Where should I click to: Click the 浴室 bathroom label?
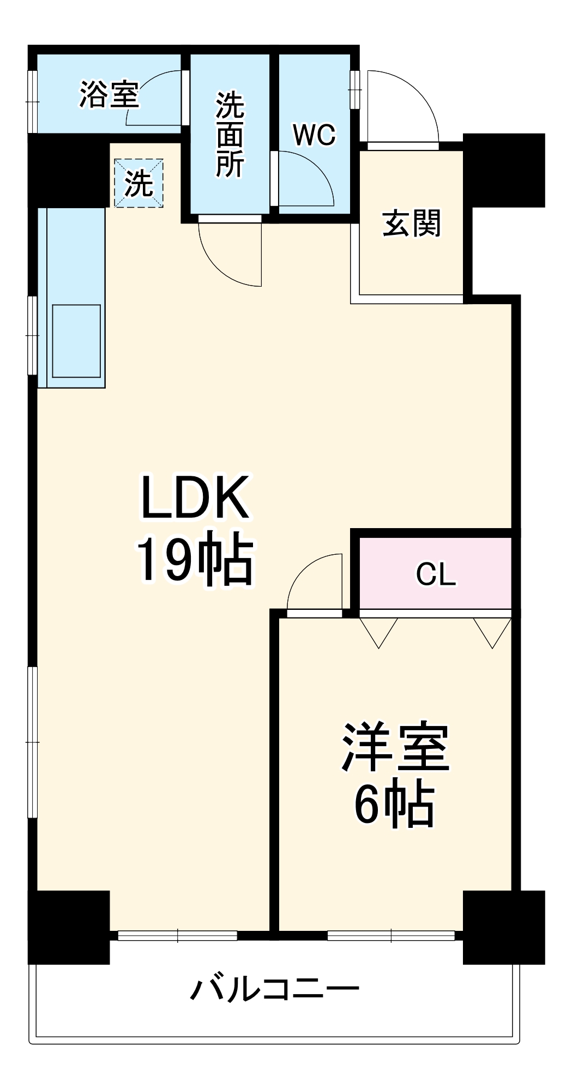109,94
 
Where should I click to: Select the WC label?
314,135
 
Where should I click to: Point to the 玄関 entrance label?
411,223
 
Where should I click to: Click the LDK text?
195,497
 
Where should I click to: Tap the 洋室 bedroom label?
395,747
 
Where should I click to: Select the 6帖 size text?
394,806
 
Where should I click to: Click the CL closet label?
435,574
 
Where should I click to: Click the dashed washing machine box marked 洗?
139,183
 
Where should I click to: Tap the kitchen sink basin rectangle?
76,341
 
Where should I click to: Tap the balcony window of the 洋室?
391,936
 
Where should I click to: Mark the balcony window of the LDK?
178,936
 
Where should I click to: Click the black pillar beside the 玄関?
504,170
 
